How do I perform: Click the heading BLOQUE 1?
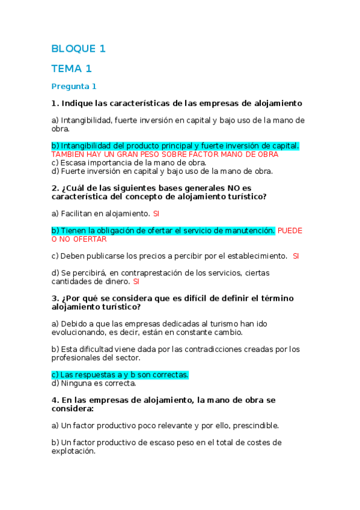(79, 49)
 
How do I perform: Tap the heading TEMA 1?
(72, 69)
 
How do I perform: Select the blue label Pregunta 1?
(74, 86)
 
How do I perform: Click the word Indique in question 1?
(78, 103)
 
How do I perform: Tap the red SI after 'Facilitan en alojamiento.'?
(156, 214)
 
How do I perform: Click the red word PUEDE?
(290, 230)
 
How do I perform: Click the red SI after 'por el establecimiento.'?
(296, 256)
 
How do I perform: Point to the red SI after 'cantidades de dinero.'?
(136, 281)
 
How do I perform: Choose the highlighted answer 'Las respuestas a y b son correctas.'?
(120, 375)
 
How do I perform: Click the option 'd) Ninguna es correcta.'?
(94, 383)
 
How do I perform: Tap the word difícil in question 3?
(196, 298)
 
